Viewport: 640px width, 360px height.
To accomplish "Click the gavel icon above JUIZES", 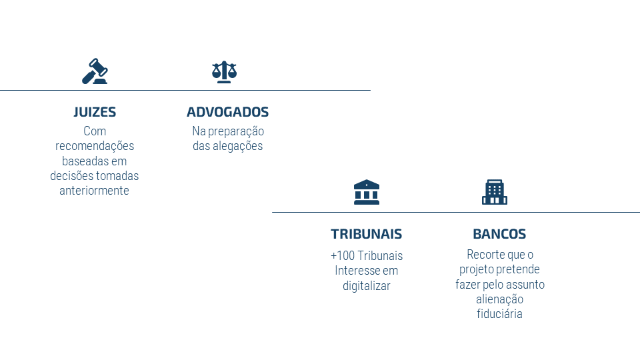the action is click(95, 71).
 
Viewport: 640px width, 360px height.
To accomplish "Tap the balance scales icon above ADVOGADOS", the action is click(224, 72).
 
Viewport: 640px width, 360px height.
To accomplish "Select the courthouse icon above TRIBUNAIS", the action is click(367, 192).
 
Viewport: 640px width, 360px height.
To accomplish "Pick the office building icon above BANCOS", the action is click(495, 192).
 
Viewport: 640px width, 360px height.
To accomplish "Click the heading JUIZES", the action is click(95, 112).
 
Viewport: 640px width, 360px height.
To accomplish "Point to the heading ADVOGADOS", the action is click(228, 112).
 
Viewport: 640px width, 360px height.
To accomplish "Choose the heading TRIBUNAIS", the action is click(367, 234).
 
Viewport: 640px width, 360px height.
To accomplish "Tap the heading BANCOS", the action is click(499, 234).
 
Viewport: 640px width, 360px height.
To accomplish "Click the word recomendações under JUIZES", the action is click(95, 146).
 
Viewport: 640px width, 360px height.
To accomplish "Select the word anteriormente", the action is click(94, 191).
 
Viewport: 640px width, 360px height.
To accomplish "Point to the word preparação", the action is click(236, 131).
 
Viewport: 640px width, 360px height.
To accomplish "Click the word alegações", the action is click(237, 146).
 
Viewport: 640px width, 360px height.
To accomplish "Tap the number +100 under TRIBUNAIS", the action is click(343, 256).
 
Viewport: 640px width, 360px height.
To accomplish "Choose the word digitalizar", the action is click(367, 286).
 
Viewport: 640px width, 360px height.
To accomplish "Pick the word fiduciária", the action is click(499, 314).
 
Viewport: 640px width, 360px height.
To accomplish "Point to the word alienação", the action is click(499, 299).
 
